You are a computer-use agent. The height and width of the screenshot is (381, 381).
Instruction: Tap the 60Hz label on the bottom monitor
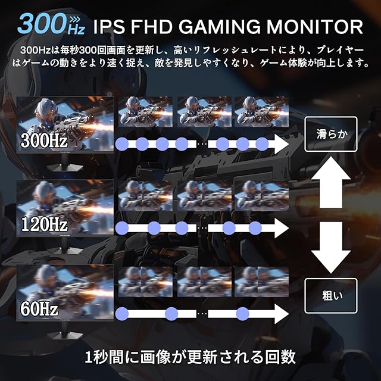39,309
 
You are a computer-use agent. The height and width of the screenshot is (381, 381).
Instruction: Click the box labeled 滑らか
330,132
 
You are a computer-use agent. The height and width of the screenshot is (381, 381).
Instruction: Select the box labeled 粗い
330,296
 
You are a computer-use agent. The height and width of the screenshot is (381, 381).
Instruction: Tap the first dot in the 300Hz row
123,144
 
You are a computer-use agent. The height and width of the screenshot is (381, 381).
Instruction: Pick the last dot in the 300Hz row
262,144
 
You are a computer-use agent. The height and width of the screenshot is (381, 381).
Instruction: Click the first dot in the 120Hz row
123,227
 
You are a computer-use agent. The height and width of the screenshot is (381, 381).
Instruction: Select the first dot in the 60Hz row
123,313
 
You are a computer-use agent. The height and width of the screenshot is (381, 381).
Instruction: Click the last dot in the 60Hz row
242,313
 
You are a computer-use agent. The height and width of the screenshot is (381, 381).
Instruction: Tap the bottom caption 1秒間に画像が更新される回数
190,357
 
